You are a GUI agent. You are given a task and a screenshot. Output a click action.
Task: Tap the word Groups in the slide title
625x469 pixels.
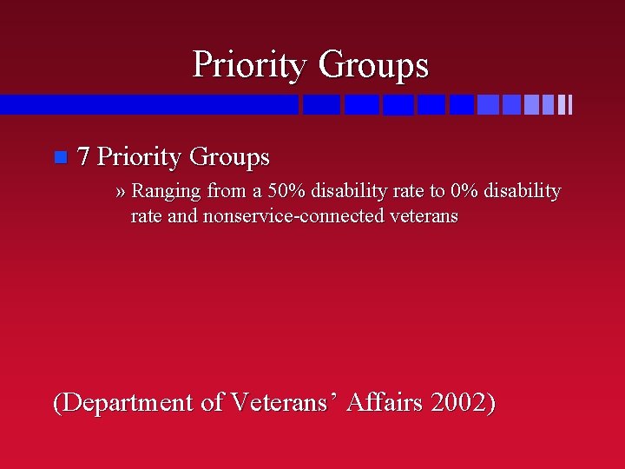click(x=373, y=65)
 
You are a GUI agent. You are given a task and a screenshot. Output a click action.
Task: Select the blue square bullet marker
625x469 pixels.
click(x=59, y=157)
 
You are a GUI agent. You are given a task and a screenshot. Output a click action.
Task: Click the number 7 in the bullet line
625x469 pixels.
click(x=84, y=157)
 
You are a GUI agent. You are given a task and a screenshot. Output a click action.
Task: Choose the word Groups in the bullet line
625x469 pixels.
click(x=229, y=157)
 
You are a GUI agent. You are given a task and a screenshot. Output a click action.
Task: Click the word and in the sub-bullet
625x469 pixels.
click(x=183, y=216)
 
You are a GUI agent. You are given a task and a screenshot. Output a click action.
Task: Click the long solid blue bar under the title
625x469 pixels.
click(x=148, y=105)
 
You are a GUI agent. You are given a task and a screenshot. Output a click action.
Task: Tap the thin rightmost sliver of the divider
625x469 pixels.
click(x=569, y=105)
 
